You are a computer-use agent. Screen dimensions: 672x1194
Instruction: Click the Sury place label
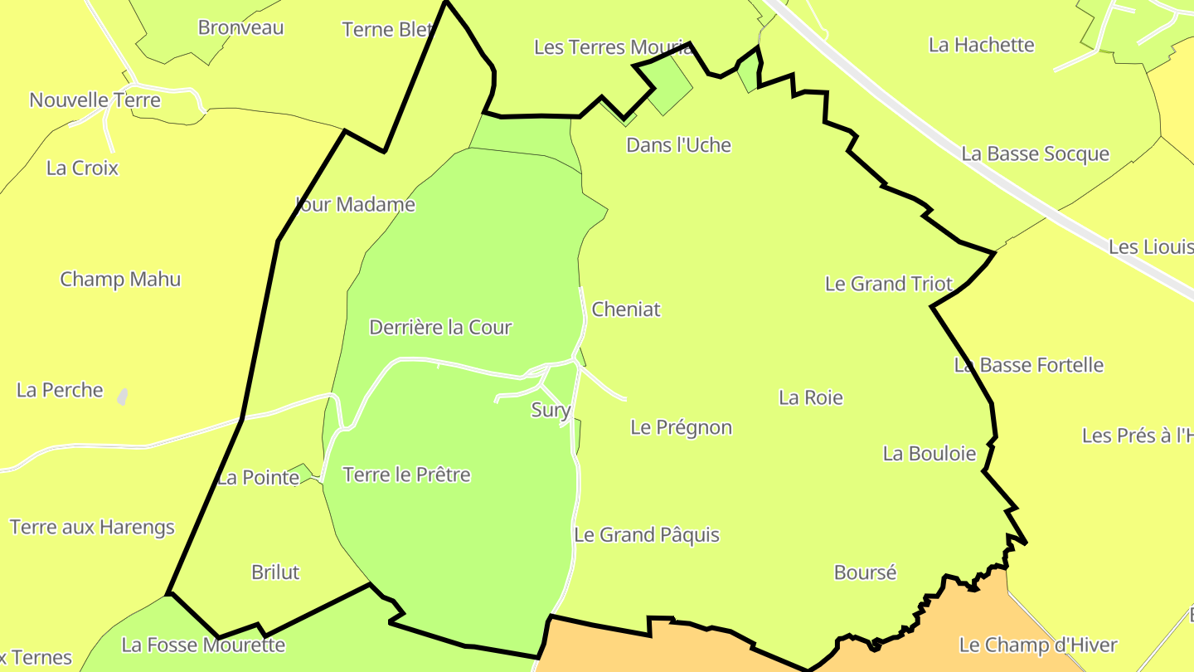(x=551, y=410)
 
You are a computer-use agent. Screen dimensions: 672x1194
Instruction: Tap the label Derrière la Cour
(x=440, y=327)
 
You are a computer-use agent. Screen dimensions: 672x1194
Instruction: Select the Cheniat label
(x=626, y=309)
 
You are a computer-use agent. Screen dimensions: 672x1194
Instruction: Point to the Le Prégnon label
(x=681, y=427)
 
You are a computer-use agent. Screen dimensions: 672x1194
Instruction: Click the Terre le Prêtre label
(x=406, y=475)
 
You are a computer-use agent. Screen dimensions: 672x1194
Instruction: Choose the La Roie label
(x=810, y=397)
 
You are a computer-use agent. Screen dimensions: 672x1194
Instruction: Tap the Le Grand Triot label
(x=888, y=284)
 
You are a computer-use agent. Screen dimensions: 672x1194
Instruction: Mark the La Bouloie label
(x=929, y=454)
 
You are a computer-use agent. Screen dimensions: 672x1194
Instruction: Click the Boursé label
(x=865, y=572)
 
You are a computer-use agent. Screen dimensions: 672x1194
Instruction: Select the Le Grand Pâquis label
(x=646, y=535)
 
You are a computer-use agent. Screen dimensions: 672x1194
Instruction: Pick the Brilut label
(x=274, y=572)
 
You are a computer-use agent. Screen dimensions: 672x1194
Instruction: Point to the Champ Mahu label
(x=120, y=279)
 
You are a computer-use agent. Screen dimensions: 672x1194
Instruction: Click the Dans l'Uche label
(x=678, y=145)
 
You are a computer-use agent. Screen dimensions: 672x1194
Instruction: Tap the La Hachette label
(x=981, y=45)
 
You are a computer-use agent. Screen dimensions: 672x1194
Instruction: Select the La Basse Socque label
(x=1035, y=153)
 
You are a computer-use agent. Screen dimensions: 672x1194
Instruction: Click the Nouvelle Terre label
(x=95, y=100)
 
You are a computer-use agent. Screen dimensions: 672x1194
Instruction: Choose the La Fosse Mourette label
(x=203, y=645)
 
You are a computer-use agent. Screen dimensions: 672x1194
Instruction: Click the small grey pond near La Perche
(x=123, y=397)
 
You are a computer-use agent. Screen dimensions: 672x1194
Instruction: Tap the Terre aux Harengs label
(x=92, y=527)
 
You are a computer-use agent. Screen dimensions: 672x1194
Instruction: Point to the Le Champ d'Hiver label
(x=1037, y=645)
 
